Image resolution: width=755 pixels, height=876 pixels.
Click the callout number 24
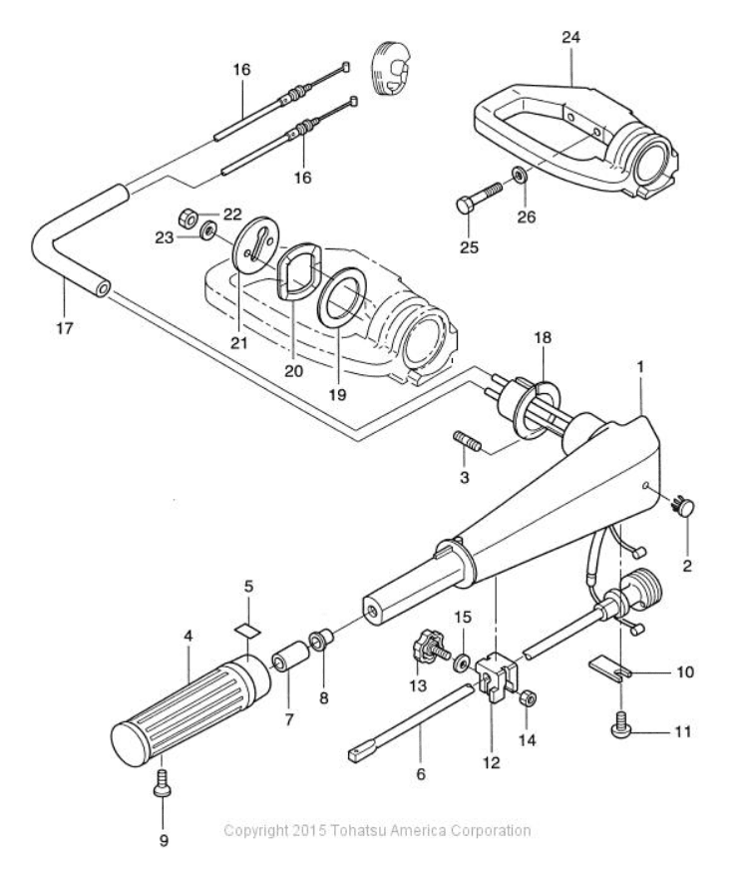pos(570,37)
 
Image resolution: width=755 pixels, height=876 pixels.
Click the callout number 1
pos(640,366)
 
